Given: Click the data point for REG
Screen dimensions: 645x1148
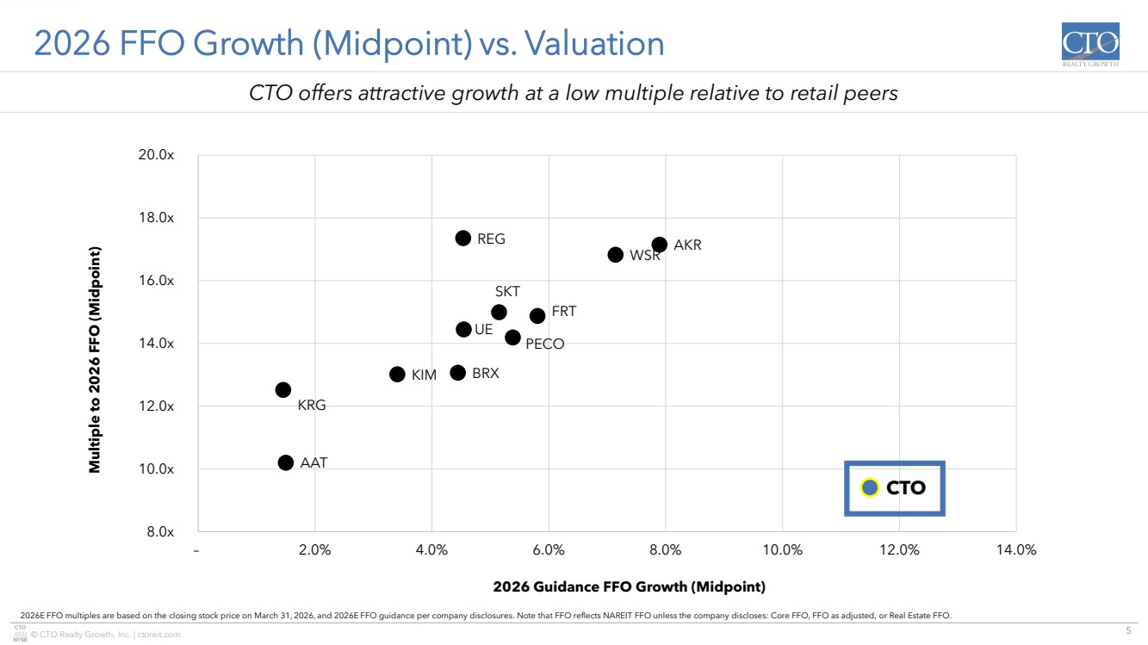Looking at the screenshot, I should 463,239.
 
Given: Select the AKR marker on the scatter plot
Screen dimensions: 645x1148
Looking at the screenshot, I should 660,245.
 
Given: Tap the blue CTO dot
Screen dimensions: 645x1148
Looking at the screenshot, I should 870,487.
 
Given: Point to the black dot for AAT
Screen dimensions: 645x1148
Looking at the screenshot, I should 286,462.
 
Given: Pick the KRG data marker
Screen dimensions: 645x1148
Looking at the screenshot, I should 283,390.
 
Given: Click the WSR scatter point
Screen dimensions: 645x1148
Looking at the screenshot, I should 616,255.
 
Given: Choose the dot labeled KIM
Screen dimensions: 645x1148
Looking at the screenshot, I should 397,375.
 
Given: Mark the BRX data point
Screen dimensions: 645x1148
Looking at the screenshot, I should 458,373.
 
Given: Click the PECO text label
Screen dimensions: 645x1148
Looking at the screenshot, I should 545,344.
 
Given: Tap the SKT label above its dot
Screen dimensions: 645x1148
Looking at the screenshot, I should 507,292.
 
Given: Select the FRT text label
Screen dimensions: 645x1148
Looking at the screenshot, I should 564,312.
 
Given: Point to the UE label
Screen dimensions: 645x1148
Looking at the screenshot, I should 484,329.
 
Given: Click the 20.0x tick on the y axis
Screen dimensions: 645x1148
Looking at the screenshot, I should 157,155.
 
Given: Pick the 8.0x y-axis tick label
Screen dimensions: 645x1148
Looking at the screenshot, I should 159,532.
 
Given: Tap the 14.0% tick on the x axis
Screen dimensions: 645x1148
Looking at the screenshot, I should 1016,550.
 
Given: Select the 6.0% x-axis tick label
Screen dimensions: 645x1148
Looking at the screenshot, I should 549,550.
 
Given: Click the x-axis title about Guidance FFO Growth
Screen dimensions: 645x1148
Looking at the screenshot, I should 629,587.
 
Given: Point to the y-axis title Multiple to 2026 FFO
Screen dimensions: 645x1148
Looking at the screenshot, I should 96,360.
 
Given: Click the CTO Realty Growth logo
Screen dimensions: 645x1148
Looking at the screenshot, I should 1091,46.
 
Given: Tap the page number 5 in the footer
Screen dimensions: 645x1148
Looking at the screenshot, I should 1128,631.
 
